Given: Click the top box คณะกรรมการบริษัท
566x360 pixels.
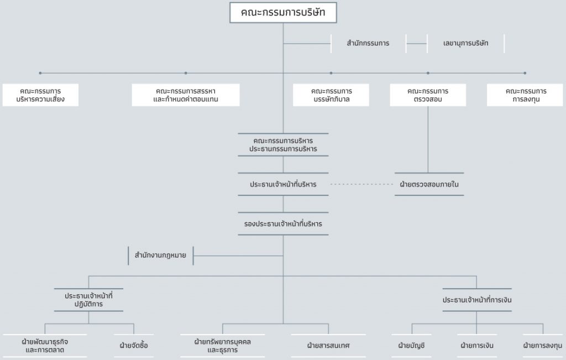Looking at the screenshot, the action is (x=283, y=13).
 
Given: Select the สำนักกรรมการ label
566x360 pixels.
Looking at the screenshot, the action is (x=368, y=43).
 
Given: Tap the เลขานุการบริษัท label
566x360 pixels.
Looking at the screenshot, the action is (x=465, y=43).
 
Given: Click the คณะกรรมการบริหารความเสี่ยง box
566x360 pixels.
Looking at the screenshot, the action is (x=40, y=95).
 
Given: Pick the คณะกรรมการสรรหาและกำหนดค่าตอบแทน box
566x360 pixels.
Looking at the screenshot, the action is (x=186, y=95).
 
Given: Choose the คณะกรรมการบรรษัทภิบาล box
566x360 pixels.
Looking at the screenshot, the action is (x=331, y=95).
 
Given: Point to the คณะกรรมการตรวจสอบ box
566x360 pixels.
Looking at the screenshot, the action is (x=428, y=95).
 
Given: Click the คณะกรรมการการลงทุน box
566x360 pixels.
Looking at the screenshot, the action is (x=525, y=95).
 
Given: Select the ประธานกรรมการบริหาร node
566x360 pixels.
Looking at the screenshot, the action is (x=283, y=145).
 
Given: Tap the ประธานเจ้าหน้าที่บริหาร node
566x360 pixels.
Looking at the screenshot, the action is (x=283, y=184).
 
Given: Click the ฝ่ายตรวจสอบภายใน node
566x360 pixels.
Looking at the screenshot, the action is (x=429, y=184).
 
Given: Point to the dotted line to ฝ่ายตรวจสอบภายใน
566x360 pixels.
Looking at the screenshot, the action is (x=361, y=184).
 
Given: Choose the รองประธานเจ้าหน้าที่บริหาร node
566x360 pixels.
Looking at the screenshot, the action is (x=283, y=224).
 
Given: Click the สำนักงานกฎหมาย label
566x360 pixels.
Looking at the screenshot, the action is (x=161, y=255).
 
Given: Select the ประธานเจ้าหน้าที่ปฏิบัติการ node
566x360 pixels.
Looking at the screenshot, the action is (x=88, y=300).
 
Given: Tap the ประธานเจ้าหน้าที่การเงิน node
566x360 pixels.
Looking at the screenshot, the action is (x=477, y=300).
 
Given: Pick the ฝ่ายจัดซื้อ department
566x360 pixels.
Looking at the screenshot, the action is (x=134, y=346).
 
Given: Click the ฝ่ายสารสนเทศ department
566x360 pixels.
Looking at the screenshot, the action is (x=328, y=346).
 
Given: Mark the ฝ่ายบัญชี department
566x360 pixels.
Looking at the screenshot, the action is (x=411, y=346).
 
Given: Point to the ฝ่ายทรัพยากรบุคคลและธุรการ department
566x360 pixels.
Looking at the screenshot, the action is (x=222, y=346).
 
